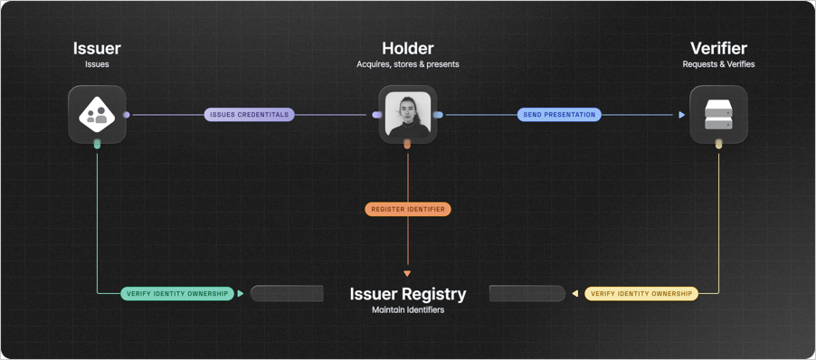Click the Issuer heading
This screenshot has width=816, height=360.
click(97, 49)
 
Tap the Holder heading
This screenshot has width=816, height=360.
click(407, 49)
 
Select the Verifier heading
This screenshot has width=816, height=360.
click(718, 49)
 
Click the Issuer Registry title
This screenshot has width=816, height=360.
click(408, 294)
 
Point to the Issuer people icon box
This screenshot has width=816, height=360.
click(97, 115)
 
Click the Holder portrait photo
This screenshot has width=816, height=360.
click(408, 115)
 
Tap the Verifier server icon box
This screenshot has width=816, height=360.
click(718, 115)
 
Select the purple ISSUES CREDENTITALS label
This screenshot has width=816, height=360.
click(250, 115)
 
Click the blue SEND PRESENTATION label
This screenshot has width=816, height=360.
click(559, 115)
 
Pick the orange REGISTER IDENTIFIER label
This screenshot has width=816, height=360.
click(408, 209)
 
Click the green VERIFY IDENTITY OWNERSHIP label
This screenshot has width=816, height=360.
click(177, 294)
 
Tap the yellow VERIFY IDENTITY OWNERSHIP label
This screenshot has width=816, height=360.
click(641, 294)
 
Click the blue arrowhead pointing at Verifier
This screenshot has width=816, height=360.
click(682, 115)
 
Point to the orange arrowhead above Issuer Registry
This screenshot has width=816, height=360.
click(408, 273)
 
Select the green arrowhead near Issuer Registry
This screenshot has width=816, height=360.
click(241, 294)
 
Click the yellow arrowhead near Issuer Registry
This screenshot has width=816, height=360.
click(574, 294)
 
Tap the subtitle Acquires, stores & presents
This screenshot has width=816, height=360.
click(408, 65)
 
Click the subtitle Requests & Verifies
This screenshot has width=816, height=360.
click(718, 65)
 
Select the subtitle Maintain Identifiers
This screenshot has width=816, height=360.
click(408, 310)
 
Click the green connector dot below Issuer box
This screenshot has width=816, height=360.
click(97, 144)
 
